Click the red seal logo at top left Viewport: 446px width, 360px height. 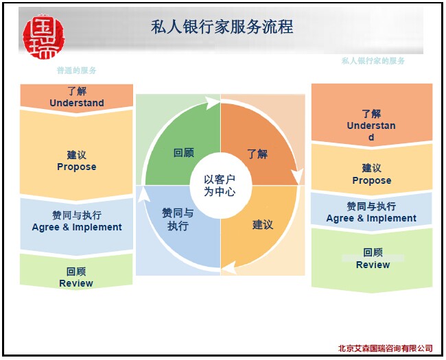tap(43, 36)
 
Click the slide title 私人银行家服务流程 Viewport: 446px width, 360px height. tap(222, 27)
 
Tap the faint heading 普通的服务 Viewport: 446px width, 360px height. tap(77, 70)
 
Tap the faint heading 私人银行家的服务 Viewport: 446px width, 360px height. tap(373, 60)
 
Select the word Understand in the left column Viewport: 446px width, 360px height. tap(77, 103)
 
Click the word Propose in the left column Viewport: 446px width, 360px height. tap(77, 167)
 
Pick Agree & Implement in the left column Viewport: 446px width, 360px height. tap(77, 227)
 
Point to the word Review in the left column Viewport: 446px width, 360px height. tap(76, 283)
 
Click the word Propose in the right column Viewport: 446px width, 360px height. tap(372, 180)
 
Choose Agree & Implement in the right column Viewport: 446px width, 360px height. tap(371, 218)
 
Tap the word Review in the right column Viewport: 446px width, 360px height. tap(373, 265)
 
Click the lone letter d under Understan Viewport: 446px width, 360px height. tap(371, 137)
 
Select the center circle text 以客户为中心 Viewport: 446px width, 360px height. tap(220, 185)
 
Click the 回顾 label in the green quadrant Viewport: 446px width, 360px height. tap(184, 153)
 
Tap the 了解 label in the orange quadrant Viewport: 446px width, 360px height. tap(257, 154)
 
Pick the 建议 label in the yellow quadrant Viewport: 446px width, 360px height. tap(263, 225)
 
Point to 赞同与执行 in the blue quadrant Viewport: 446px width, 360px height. tap(178, 219)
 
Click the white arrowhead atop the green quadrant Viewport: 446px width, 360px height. tap(212, 103)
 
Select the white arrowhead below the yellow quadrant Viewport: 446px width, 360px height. tap(228, 267)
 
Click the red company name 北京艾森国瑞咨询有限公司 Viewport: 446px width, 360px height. tap(386, 348)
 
